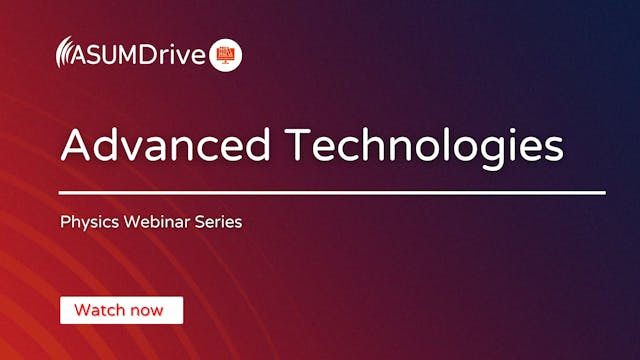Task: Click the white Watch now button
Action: pyautogui.click(x=121, y=310)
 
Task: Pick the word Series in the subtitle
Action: pyautogui.click(x=218, y=221)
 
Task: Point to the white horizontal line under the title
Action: pyautogui.click(x=332, y=192)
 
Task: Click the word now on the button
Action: pyautogui.click(x=147, y=310)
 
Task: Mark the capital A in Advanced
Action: pyautogui.click(x=76, y=146)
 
